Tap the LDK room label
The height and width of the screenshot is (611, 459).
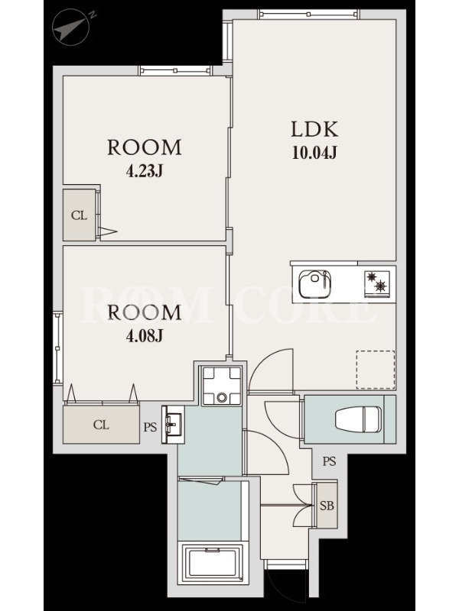coord(314,129)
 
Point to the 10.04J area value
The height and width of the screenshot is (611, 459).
coord(314,153)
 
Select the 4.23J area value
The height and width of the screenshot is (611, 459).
coord(144,170)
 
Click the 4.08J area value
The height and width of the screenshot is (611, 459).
coord(144,335)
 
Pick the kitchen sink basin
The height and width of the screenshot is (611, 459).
coord(315,283)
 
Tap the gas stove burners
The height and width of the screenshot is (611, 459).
coord(377,283)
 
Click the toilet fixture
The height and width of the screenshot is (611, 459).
coord(358,419)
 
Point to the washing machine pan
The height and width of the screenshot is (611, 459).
coord(222,386)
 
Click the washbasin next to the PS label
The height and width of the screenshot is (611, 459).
coord(173,425)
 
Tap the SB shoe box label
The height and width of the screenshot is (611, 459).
coord(327,506)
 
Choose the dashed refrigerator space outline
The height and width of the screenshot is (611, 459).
coord(376,370)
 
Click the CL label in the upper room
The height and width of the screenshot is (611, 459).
coord(80,215)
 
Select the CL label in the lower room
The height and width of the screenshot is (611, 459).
coord(101,425)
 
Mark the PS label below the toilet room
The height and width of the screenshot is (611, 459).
coord(329,461)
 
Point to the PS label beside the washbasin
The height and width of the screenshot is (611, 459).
coord(150,427)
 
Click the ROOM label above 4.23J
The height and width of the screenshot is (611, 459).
coord(145,147)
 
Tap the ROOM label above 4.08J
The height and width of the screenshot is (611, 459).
coord(145,312)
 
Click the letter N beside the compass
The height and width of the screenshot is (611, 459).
coord(92,15)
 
